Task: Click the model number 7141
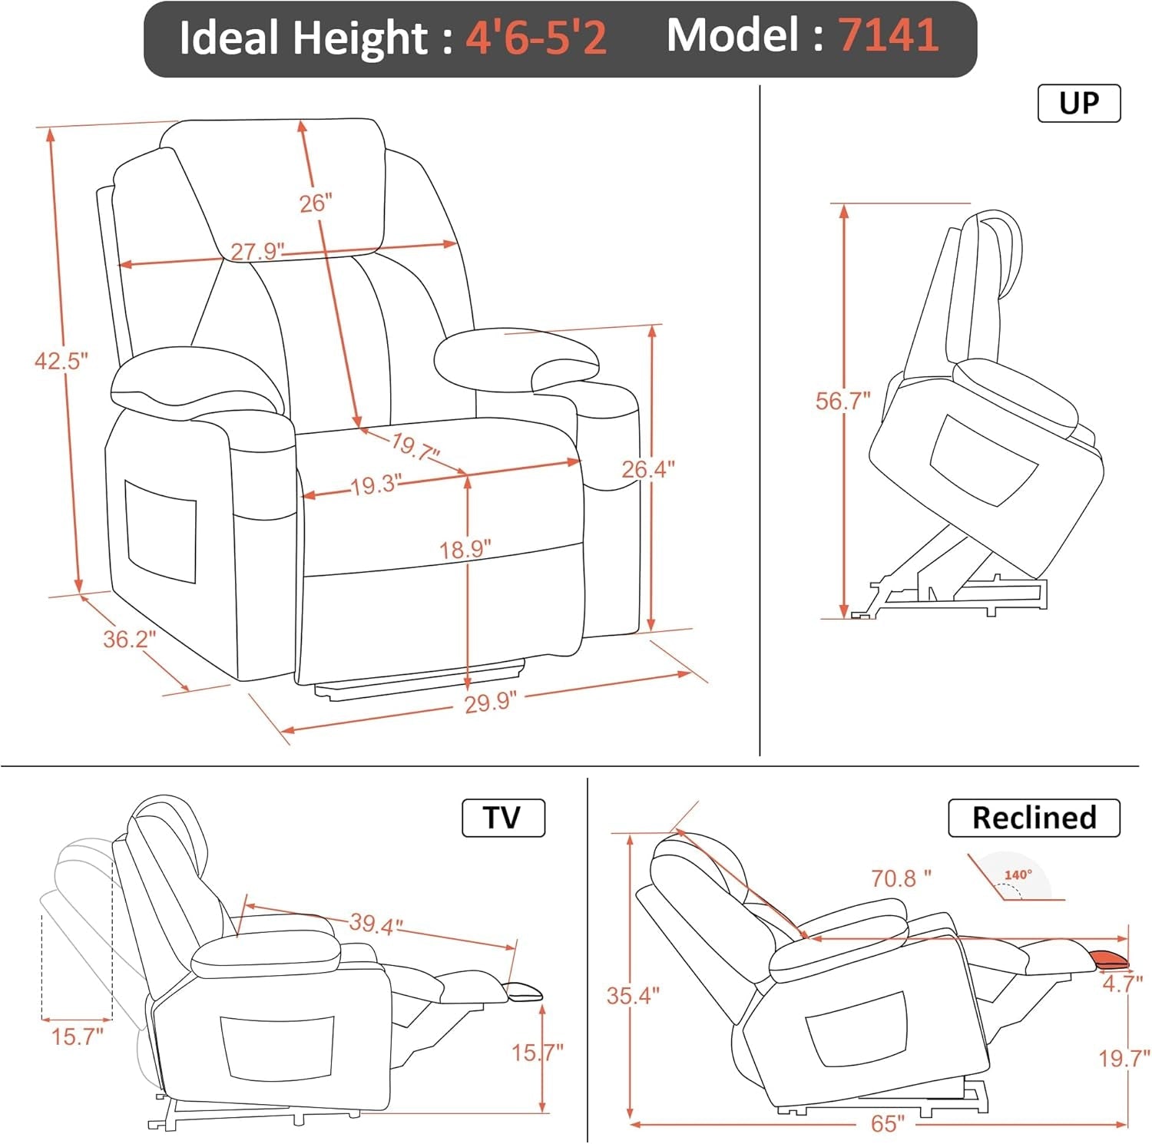pyautogui.click(x=888, y=35)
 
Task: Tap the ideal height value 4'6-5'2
pyautogui.click(x=536, y=37)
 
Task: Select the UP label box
pyautogui.click(x=1078, y=103)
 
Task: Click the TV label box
pyautogui.click(x=503, y=818)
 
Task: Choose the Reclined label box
pyautogui.click(x=1034, y=818)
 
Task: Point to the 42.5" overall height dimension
pyautogui.click(x=61, y=360)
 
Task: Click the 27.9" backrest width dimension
pyautogui.click(x=257, y=251)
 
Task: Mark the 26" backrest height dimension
pyautogui.click(x=315, y=203)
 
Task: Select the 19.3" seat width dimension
pyautogui.click(x=376, y=485)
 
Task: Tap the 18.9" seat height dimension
pyautogui.click(x=465, y=550)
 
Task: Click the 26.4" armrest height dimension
pyautogui.click(x=647, y=468)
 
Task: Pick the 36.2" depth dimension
pyautogui.click(x=129, y=639)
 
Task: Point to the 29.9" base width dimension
pyautogui.click(x=490, y=702)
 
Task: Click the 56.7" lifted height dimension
pyautogui.click(x=842, y=401)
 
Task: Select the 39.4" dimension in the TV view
pyautogui.click(x=376, y=923)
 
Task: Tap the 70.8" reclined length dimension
pyautogui.click(x=900, y=878)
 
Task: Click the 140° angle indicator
pyautogui.click(x=1018, y=876)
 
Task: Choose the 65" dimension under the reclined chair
pyautogui.click(x=888, y=1124)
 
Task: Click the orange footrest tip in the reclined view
pyautogui.click(x=1109, y=958)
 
